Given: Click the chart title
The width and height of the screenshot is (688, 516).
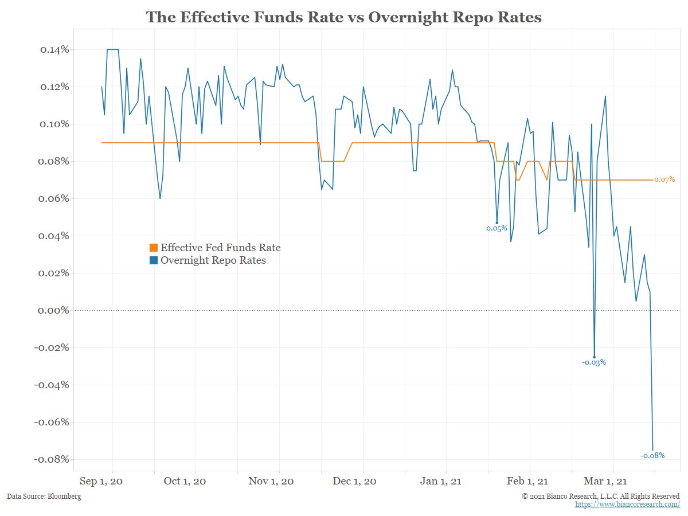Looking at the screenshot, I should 344,17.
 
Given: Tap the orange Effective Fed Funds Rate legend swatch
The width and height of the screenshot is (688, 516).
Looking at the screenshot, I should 153,248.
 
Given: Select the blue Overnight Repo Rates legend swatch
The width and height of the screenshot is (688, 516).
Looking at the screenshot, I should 153,261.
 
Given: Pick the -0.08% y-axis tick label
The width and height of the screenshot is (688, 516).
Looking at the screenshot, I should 52,459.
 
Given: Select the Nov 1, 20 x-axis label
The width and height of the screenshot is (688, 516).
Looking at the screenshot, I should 271,482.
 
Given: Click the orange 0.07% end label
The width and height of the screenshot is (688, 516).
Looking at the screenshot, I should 664,179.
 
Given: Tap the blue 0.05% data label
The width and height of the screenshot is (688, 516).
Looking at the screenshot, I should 497,228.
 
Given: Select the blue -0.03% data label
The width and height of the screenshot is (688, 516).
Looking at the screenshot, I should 594,362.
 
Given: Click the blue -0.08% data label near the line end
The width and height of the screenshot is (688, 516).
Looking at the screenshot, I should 652,455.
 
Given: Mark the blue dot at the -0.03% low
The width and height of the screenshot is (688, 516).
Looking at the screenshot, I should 595,357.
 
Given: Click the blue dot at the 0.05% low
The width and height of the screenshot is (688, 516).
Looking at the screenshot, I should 497,222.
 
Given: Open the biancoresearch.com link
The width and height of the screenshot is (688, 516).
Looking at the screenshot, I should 628,504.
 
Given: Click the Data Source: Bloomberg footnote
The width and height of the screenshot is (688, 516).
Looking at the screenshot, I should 44,496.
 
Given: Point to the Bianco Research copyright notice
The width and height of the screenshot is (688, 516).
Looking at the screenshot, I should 601,496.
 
